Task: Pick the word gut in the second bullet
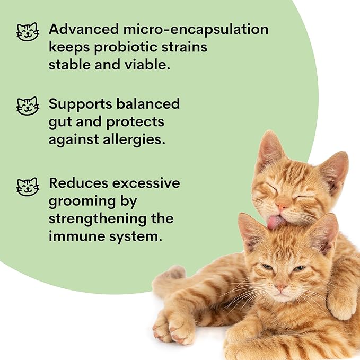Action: [x=59, y=122]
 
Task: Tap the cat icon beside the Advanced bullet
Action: [x=28, y=31]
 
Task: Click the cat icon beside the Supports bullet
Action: [x=28, y=106]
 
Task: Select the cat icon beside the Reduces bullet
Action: [x=28, y=186]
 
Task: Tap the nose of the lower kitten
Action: [x=280, y=286]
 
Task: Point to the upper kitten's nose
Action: [x=282, y=205]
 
